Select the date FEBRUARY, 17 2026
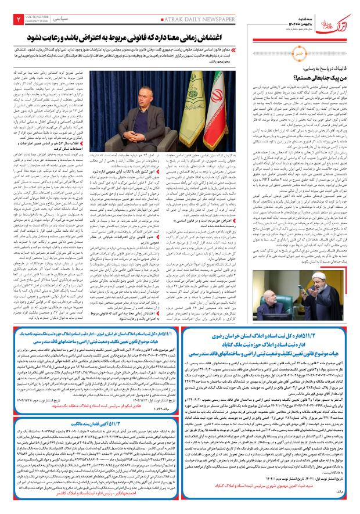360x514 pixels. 37,22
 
